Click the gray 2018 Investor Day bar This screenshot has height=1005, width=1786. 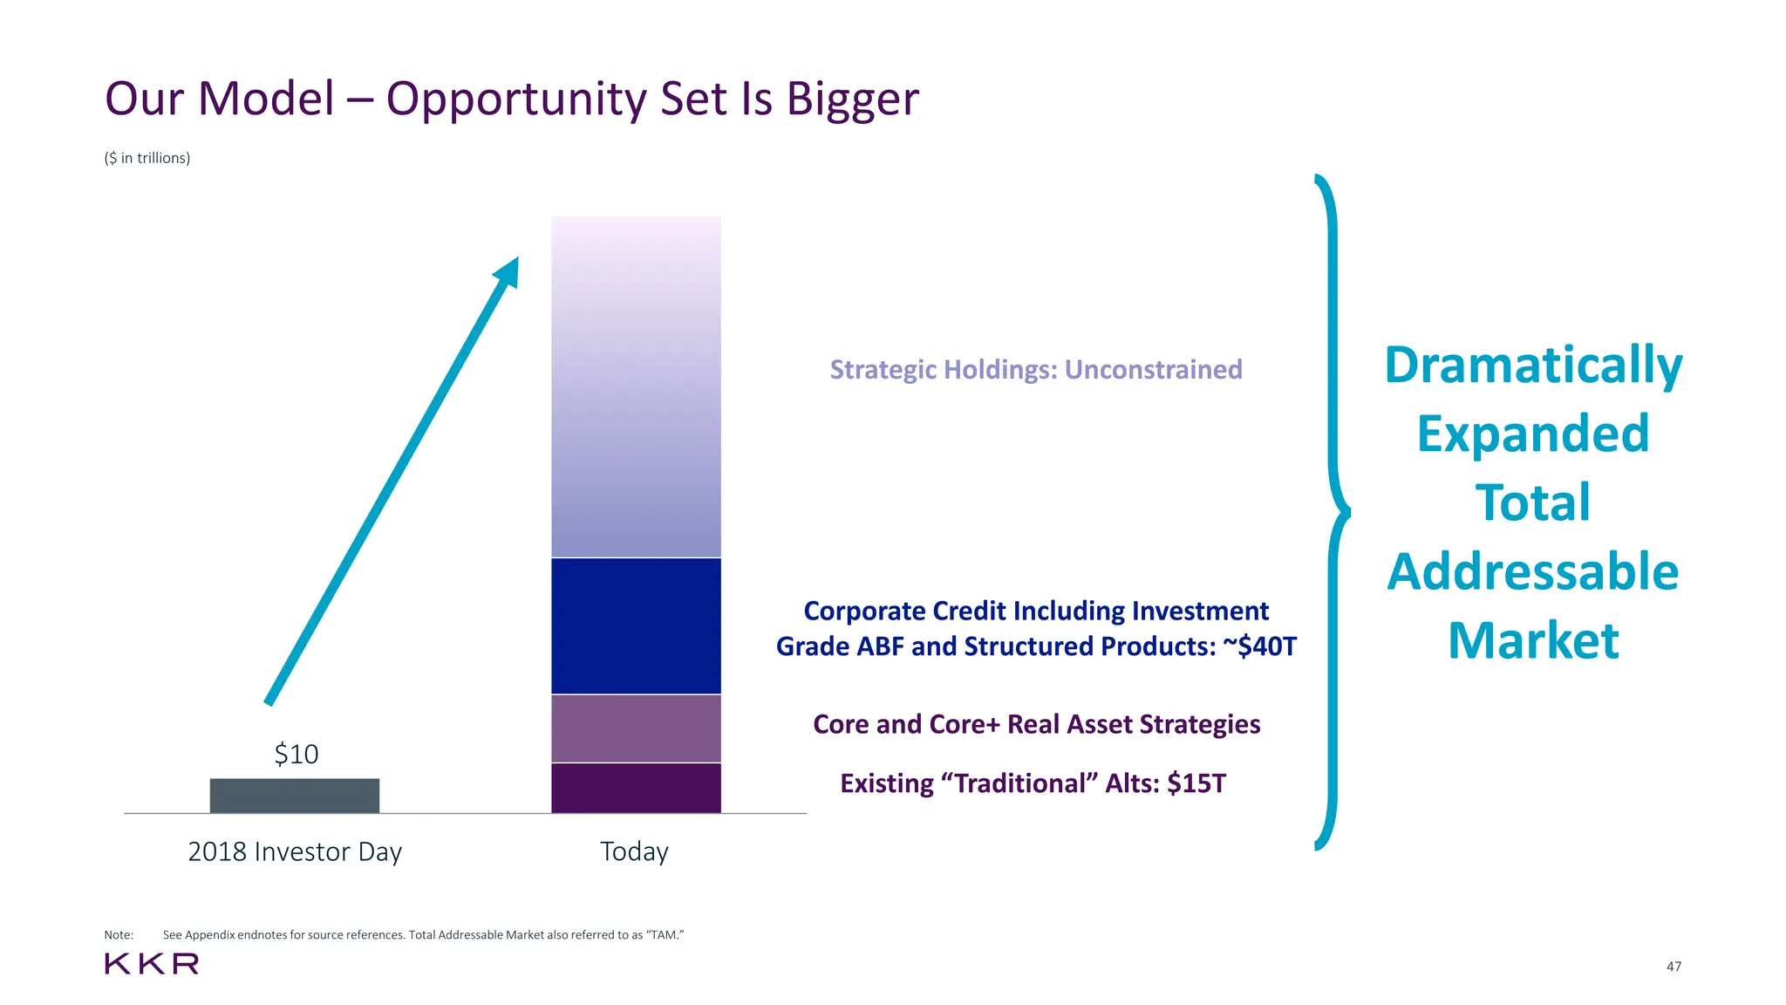[295, 796]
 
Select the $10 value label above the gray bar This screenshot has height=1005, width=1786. [297, 754]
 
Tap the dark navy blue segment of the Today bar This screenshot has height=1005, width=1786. [636, 626]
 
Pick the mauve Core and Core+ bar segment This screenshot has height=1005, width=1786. [636, 728]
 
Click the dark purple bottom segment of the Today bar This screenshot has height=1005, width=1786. [636, 789]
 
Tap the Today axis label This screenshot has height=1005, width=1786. [634, 851]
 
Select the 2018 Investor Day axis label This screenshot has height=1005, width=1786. [295, 851]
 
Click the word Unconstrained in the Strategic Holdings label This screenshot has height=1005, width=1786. [1153, 370]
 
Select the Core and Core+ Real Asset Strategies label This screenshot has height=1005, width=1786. [1036, 724]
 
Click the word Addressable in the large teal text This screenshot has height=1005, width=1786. [1532, 572]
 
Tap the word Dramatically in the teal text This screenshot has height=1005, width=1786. [1532, 365]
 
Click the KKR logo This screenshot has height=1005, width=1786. [152, 964]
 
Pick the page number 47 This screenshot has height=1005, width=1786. [1674, 967]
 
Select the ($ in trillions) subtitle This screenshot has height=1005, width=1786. [147, 158]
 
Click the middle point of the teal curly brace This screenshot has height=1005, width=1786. [1345, 512]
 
